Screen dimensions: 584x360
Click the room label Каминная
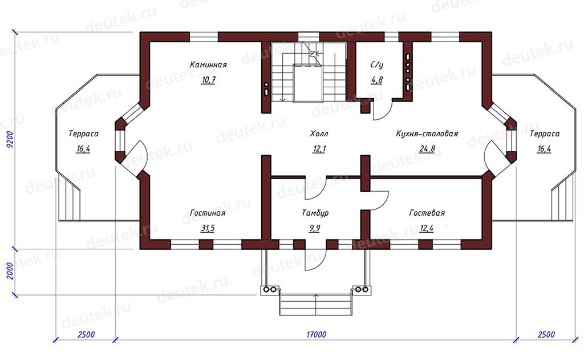click(x=208, y=65)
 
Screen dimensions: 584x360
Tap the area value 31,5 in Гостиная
click(x=208, y=228)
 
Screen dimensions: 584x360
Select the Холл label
click(x=319, y=134)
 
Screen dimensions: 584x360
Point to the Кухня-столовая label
click(x=427, y=134)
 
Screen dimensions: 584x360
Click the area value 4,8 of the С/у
click(x=376, y=80)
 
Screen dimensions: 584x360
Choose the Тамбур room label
click(x=315, y=213)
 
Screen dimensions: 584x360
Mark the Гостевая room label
click(x=427, y=213)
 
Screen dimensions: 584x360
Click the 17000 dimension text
click(x=316, y=334)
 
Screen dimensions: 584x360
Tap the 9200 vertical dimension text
click(x=10, y=140)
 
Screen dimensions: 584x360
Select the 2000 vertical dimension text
click(x=10, y=271)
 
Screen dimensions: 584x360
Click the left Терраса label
click(x=83, y=134)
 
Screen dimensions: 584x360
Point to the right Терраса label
click(x=545, y=134)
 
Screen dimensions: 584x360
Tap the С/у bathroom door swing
click(x=383, y=110)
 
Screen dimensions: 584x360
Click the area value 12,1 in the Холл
click(x=319, y=149)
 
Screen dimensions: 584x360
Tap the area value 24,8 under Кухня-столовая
click(x=427, y=149)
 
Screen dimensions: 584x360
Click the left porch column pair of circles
click(x=270, y=290)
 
